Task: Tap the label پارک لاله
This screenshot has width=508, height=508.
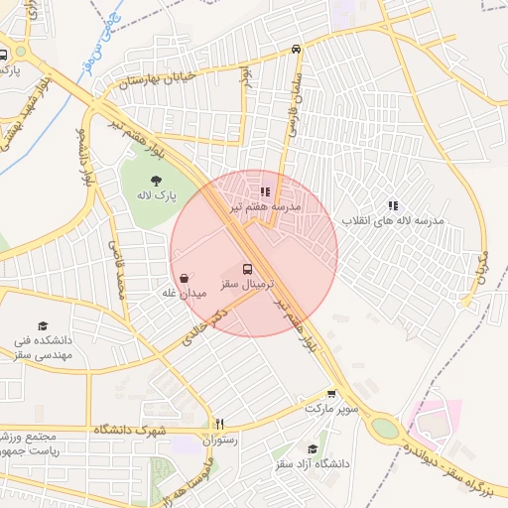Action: (158, 196)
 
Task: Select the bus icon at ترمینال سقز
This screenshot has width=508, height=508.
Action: (248, 269)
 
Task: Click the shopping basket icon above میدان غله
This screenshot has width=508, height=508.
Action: (186, 279)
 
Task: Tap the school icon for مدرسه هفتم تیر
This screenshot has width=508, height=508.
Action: (264, 191)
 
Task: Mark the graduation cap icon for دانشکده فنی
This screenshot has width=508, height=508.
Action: (43, 326)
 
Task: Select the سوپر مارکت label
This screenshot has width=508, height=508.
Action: (330, 409)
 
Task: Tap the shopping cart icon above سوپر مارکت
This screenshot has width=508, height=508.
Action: (331, 394)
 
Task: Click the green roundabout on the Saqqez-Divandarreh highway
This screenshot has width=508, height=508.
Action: (384, 429)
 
